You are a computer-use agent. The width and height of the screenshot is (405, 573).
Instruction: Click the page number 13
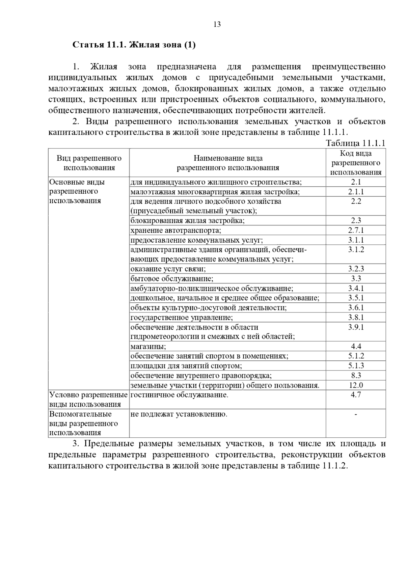pos(217,24)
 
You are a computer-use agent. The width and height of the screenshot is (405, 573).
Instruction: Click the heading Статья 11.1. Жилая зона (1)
pos(134,45)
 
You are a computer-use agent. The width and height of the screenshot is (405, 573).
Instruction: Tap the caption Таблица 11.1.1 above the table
pos(355,143)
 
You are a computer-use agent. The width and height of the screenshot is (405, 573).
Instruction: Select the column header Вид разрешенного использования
pos(89,163)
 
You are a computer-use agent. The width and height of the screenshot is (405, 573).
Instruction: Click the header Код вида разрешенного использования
pos(356,163)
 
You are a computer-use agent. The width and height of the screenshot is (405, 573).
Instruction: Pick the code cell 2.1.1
pos(356,192)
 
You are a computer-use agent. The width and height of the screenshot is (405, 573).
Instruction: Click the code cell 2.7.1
pos(356,230)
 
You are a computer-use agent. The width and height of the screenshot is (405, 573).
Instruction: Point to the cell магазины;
pos(148,347)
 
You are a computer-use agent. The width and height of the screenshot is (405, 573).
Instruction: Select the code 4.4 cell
pos(356,347)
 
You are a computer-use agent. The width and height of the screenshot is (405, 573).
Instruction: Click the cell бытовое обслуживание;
pos(172,279)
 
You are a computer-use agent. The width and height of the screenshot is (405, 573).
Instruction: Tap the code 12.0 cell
pos(356,385)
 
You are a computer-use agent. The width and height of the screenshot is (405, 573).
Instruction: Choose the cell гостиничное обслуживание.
pos(179,395)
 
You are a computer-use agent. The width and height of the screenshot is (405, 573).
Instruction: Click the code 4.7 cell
pos(356,395)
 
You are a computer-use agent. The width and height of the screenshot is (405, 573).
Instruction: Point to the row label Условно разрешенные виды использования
pos(88,400)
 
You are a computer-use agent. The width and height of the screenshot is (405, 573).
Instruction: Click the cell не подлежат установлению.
pos(179,414)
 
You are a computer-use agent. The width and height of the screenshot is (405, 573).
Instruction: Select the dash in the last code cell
pos(356,414)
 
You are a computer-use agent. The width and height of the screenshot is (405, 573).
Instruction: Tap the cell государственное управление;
pos(182,318)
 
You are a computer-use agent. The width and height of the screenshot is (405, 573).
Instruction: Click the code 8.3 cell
pos(356,376)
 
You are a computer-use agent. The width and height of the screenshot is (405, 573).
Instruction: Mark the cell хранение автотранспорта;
pos(175,230)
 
